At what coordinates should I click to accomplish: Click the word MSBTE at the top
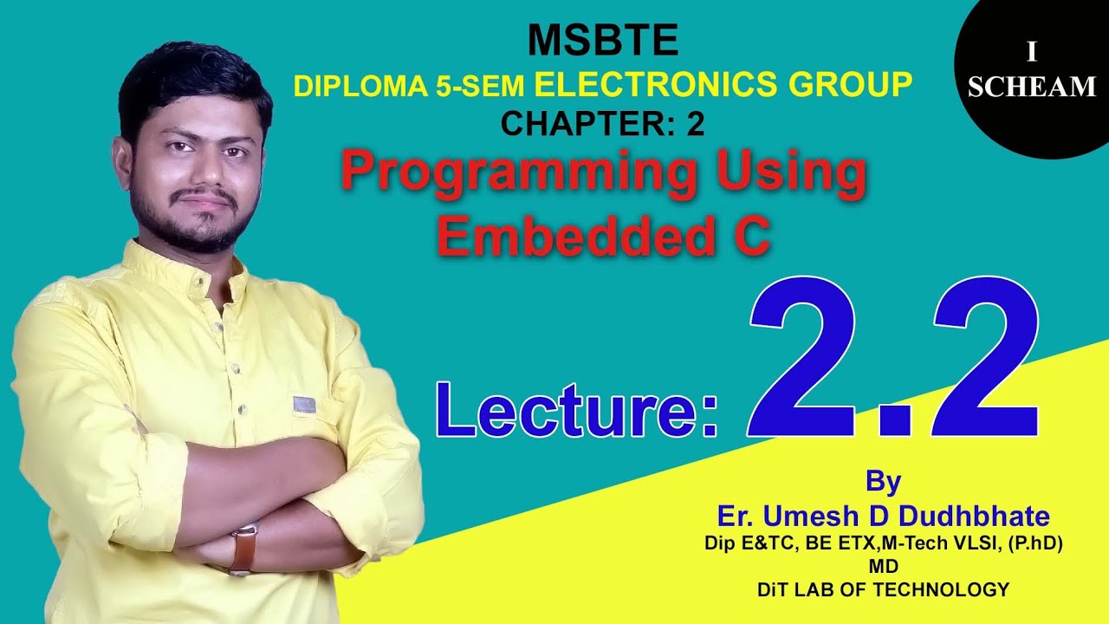pos(603,41)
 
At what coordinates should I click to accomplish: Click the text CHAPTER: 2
pos(602,125)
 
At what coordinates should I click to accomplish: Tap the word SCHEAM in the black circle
pos(1032,87)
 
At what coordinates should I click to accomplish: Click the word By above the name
pos(883,481)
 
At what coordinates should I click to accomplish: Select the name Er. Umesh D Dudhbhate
pos(883,517)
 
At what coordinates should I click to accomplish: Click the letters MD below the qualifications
pos(883,566)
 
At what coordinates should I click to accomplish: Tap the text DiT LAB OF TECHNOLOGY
pos(883,590)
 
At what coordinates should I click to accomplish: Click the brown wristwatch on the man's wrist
pos(243,548)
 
